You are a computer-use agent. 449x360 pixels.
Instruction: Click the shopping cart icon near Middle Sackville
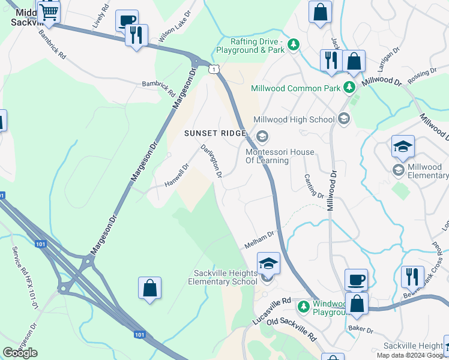pos(49,11)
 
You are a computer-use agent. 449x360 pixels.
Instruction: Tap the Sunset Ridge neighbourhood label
pos(214,133)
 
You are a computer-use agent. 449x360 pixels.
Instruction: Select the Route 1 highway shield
pos(213,70)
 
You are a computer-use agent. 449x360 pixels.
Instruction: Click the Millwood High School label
pos(294,119)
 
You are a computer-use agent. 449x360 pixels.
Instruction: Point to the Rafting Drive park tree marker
pos(294,44)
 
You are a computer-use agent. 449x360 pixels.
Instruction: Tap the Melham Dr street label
pos(259,241)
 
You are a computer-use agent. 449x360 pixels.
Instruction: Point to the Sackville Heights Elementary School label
pos(223,277)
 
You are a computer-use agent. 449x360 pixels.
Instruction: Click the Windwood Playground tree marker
pos(304,307)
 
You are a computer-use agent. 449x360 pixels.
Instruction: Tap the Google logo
pos(20,353)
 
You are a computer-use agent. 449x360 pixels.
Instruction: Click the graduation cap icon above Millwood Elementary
pos(403,146)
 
